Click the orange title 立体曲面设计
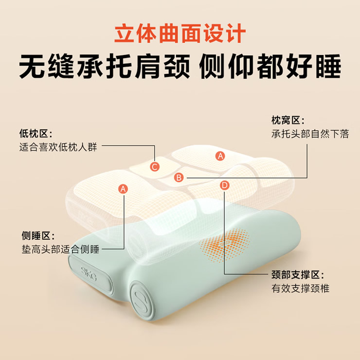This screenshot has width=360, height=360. point(180,33)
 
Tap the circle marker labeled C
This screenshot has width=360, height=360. point(155,167)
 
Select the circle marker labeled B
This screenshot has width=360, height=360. point(179,178)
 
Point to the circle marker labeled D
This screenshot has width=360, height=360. point(224,185)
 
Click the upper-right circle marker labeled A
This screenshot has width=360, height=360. point(220,156)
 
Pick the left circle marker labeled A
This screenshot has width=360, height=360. point(123,189)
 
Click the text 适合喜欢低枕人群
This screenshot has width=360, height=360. point(58,147)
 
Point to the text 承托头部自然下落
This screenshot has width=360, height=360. point(310,134)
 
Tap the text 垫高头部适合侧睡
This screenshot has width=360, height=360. point(60,249)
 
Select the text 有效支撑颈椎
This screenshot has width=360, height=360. point(300,288)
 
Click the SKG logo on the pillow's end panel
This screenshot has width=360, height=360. point(89,273)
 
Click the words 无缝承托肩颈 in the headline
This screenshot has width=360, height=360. point(105,66)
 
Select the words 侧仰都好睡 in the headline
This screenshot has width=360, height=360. point(270,66)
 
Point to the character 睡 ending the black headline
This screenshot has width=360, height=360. point(328,66)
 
